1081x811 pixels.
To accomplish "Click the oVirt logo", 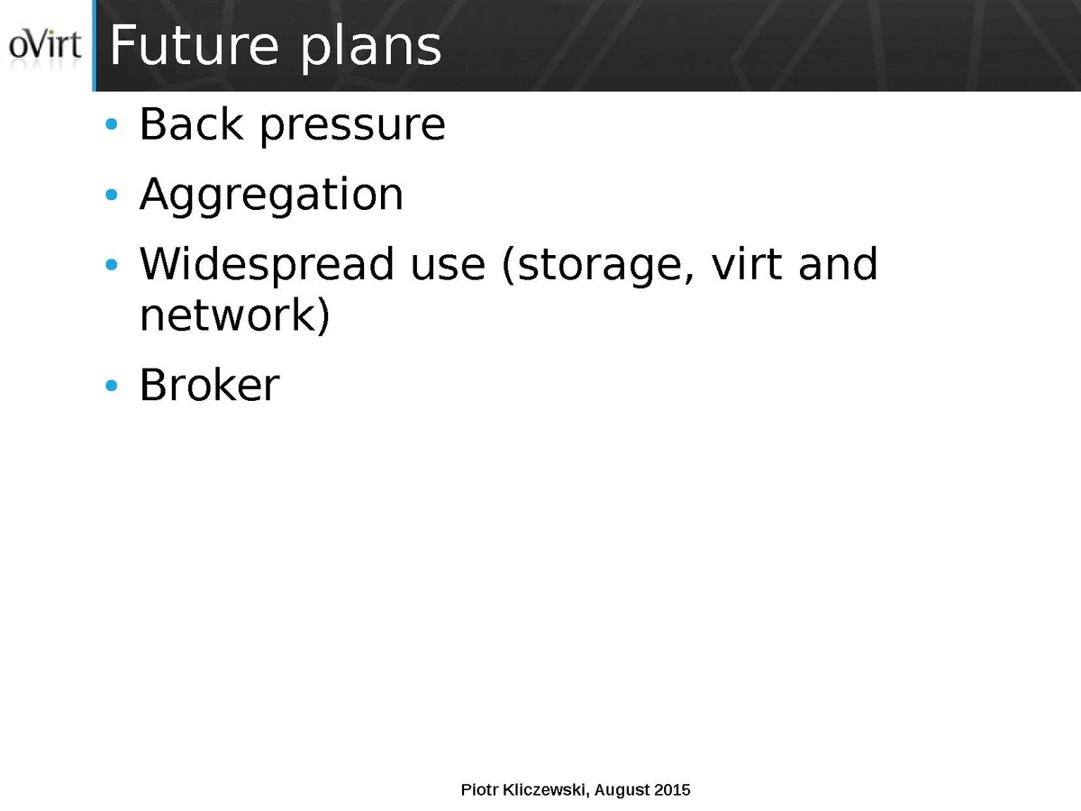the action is tap(45, 44).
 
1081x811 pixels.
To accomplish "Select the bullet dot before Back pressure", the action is tap(112, 124).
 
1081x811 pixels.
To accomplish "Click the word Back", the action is tap(192, 123).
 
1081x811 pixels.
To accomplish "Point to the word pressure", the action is tap(352, 128).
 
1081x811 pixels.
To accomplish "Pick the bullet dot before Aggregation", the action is tap(112, 195).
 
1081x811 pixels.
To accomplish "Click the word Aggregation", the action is tap(271, 196).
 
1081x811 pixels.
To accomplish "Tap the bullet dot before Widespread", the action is tap(112, 265).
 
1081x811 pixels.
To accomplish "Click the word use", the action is tap(448, 269).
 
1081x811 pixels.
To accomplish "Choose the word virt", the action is tap(747, 264).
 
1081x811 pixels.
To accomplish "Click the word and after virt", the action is tap(838, 264).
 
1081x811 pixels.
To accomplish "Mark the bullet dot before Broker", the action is tap(112, 386).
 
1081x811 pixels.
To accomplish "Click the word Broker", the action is tap(210, 385).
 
